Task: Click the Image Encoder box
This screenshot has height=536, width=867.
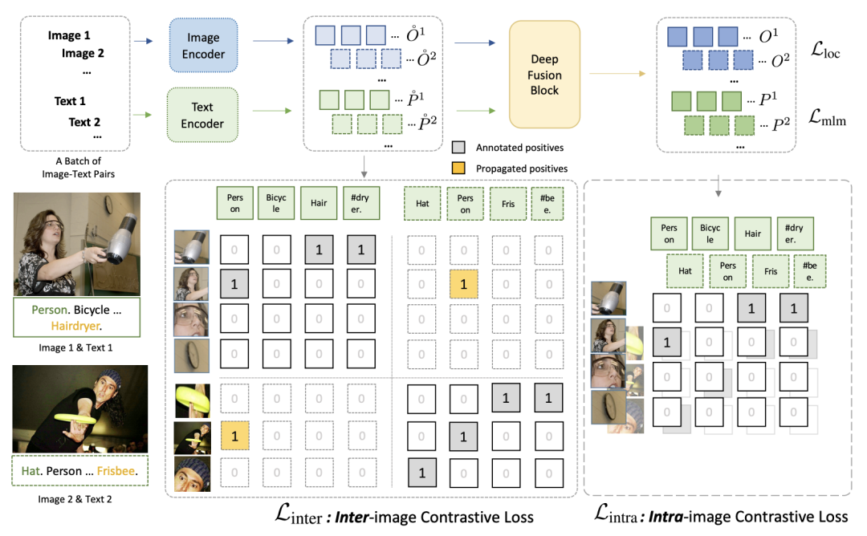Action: coord(202,47)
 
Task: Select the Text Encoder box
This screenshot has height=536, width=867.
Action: coord(202,115)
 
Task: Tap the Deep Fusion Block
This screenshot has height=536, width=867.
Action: coord(545,75)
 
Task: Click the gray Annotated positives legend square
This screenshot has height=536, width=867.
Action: coord(458,148)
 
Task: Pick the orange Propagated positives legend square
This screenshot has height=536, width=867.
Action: coord(458,169)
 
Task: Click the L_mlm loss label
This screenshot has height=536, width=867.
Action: coord(826,120)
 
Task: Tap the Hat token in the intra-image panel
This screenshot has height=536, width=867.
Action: coord(685,270)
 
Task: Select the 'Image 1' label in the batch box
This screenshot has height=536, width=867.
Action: coord(70,36)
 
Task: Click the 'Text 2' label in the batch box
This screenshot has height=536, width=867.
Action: coord(85,122)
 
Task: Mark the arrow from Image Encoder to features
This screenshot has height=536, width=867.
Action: coord(275,47)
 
